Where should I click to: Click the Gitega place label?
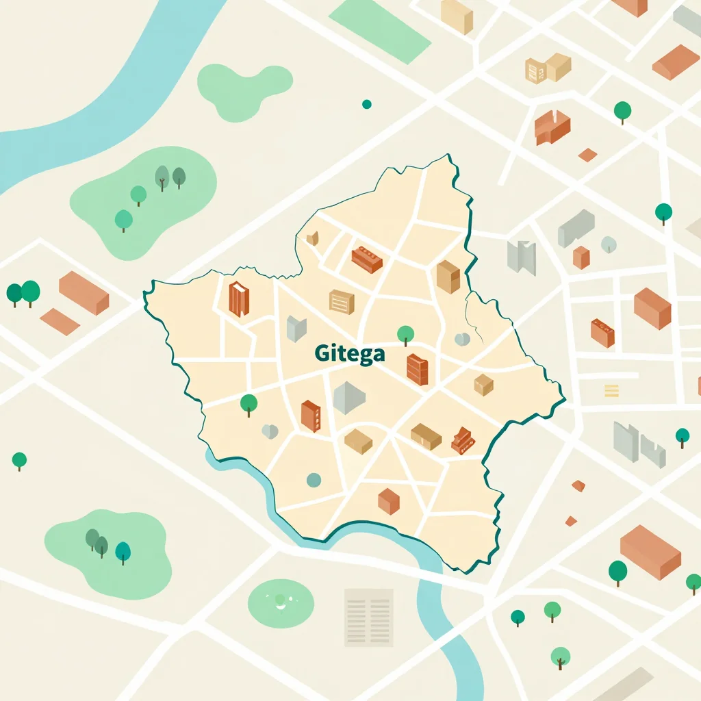(x=350, y=354)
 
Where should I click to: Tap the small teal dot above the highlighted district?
(x=366, y=104)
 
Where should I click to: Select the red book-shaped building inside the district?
(x=238, y=299)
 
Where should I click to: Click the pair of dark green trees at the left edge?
(x=23, y=293)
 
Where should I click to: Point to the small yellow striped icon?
(x=611, y=390)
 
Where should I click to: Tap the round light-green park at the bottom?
(x=281, y=602)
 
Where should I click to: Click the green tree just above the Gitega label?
(x=405, y=335)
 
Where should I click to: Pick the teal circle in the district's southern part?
(x=314, y=480)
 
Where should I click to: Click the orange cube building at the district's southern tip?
(x=389, y=501)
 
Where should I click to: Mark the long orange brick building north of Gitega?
(x=366, y=259)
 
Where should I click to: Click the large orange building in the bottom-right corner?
(x=650, y=552)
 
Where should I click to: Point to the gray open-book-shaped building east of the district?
(x=521, y=257)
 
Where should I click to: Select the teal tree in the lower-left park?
(x=123, y=551)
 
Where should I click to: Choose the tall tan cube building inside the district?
(x=448, y=277)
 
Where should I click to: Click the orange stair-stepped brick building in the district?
(x=463, y=440)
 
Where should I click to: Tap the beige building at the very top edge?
(x=457, y=16)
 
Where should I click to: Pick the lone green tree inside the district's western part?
(x=249, y=404)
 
